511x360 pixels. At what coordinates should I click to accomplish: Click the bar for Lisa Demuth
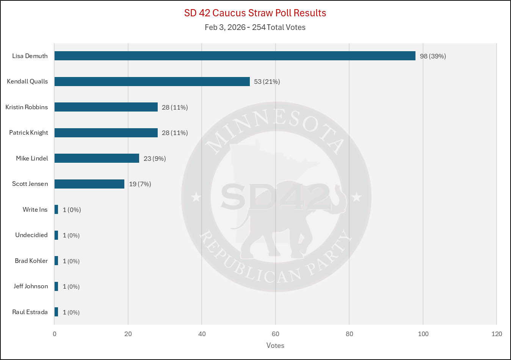click(x=235, y=56)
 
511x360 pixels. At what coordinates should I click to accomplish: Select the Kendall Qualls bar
click(x=152, y=82)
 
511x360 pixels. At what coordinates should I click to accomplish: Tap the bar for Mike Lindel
click(x=97, y=158)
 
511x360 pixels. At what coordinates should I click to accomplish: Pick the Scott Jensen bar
click(x=89, y=184)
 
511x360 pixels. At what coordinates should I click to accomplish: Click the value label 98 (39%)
click(x=433, y=56)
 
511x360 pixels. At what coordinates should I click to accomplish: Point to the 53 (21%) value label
click(x=267, y=82)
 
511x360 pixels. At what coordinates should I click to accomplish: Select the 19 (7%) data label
click(x=140, y=184)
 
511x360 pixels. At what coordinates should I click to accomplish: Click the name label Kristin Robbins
click(x=27, y=107)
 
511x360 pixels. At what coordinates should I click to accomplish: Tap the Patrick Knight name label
click(x=28, y=132)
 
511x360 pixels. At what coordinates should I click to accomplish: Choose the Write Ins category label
click(x=35, y=209)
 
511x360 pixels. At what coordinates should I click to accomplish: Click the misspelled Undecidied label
click(x=31, y=235)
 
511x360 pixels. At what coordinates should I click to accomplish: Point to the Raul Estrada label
click(x=30, y=312)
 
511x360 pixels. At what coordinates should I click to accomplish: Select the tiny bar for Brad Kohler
click(x=56, y=261)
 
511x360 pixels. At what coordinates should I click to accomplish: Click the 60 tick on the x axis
click(x=275, y=334)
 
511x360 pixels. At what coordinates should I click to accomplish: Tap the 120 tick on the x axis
click(x=496, y=334)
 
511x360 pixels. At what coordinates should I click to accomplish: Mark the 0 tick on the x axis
click(x=55, y=334)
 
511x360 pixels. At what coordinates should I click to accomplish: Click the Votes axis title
click(x=275, y=345)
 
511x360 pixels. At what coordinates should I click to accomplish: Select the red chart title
click(x=255, y=13)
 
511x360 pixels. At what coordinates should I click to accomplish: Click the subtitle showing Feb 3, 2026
click(x=255, y=27)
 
